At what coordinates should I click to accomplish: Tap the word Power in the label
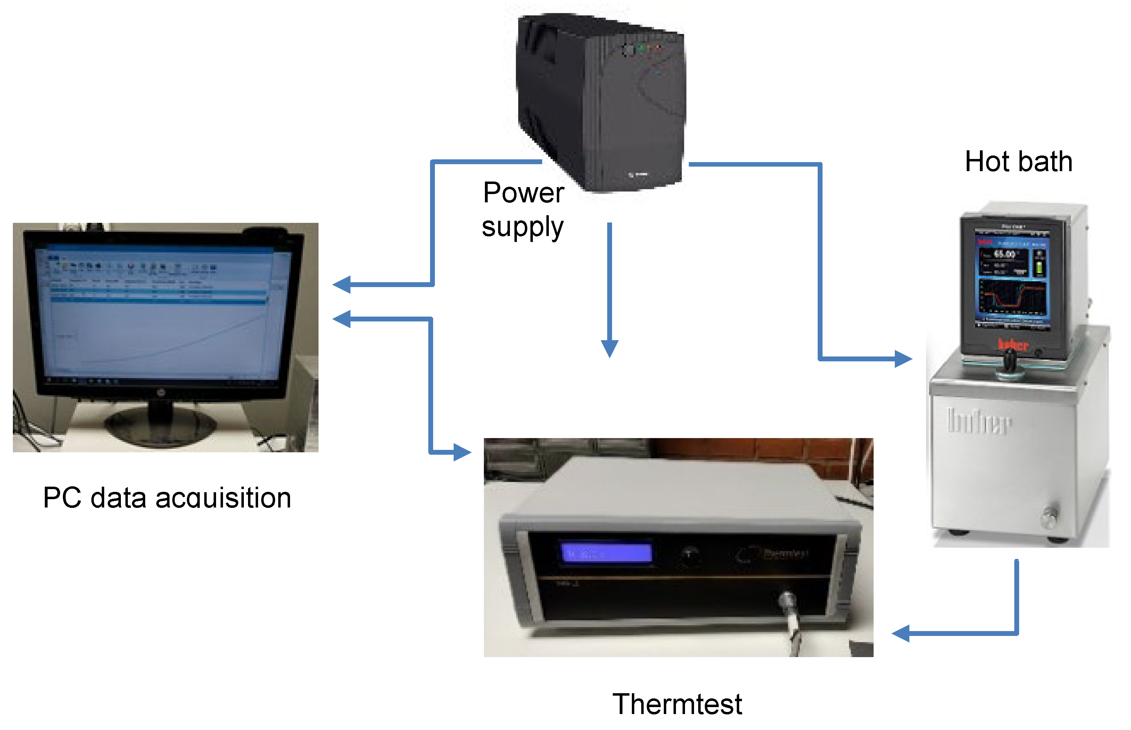[x=523, y=193]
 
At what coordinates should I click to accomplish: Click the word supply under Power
[x=522, y=227]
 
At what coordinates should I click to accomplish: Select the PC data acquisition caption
[x=167, y=498]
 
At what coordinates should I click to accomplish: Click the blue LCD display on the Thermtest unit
[x=606, y=553]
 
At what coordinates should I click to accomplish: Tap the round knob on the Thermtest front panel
[x=689, y=553]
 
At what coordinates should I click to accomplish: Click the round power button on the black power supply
[x=628, y=49]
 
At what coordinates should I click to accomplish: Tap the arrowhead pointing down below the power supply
[x=609, y=349]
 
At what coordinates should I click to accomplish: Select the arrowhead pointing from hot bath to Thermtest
[x=900, y=633]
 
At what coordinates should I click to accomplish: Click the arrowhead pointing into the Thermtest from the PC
[x=462, y=452]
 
